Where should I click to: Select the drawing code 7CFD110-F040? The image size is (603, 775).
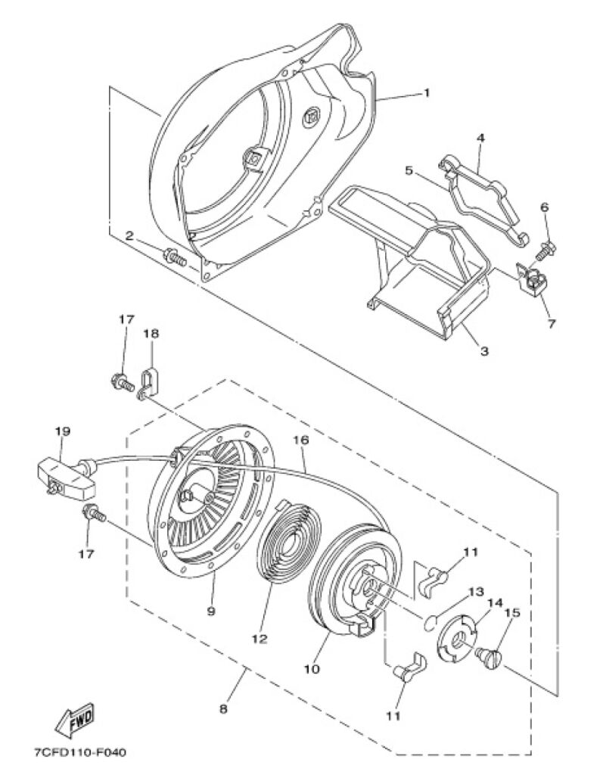coord(79,753)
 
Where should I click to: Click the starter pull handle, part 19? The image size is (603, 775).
coord(64,475)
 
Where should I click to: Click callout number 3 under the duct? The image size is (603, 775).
coord(484,350)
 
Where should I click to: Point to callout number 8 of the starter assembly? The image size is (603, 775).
coord(223,708)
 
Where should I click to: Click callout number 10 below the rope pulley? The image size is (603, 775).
coord(312,669)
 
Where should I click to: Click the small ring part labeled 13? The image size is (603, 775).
coord(429,621)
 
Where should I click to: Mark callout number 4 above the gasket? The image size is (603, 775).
coord(480,138)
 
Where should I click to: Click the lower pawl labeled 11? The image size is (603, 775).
coord(406,668)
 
